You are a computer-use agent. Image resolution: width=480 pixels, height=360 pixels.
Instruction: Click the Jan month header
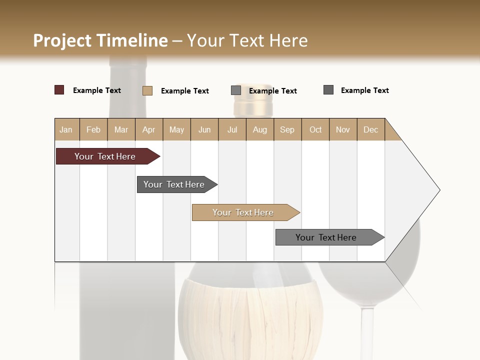click(66, 129)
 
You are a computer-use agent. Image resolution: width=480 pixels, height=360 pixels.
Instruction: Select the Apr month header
click(148, 129)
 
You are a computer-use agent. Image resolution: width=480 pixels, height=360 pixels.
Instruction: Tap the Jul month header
click(232, 129)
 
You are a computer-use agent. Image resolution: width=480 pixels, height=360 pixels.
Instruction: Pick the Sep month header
click(287, 129)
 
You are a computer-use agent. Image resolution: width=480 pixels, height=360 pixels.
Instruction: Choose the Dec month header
click(370, 129)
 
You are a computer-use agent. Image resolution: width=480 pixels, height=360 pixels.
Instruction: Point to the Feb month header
click(93, 129)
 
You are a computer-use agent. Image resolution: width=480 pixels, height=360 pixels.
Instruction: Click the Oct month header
click(315, 129)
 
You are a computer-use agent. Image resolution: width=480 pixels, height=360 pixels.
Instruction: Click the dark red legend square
click(59, 90)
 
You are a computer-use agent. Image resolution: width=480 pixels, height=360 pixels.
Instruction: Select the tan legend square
click(147, 90)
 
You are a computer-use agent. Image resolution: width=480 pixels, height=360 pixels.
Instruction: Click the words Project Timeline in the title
click(100, 40)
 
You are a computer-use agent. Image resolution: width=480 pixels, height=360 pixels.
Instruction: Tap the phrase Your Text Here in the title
click(247, 40)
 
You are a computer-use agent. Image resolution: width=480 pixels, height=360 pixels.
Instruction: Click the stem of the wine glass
click(367, 330)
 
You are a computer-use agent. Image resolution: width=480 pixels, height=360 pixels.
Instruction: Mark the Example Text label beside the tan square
click(184, 91)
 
